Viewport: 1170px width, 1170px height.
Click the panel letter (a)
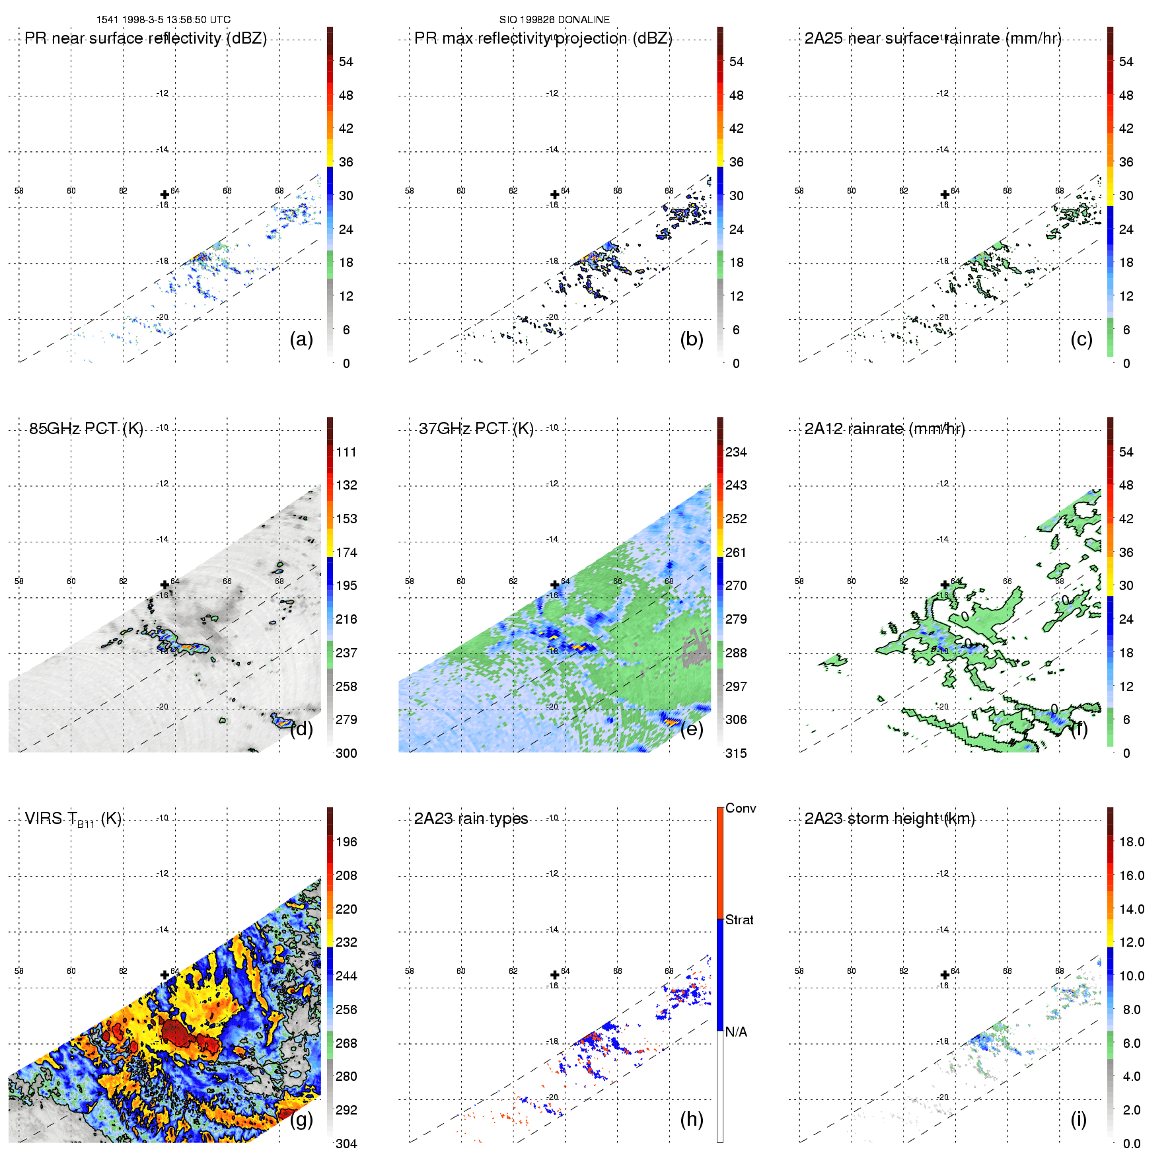click(301, 340)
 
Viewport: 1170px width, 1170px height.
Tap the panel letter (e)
click(692, 729)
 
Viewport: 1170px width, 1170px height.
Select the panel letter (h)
click(692, 1119)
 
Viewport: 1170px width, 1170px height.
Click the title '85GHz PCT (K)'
click(86, 429)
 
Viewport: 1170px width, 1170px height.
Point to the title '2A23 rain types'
click(471, 819)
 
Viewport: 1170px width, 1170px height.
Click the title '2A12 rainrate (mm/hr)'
click(885, 429)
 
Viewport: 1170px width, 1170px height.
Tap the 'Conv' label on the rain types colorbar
click(741, 808)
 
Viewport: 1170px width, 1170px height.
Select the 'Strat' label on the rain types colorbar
click(739, 920)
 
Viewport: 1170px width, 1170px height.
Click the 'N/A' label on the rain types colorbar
click(736, 1032)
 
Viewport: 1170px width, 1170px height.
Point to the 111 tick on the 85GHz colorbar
click(346, 453)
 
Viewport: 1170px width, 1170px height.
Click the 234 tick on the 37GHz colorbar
click(736, 453)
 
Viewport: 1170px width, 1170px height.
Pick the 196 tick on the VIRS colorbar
click(346, 842)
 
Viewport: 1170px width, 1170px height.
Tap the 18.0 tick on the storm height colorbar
click(1132, 842)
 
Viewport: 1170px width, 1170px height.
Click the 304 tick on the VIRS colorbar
click(346, 1144)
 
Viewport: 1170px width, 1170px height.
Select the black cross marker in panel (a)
click(165, 194)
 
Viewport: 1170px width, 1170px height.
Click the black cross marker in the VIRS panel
click(165, 974)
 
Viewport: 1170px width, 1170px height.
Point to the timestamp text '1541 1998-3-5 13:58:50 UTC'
click(164, 20)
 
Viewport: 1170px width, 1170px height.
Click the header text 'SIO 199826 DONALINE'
click(554, 20)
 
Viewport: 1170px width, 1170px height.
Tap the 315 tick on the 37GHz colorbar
click(736, 754)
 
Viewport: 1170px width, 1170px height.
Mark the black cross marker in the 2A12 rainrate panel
click(945, 585)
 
